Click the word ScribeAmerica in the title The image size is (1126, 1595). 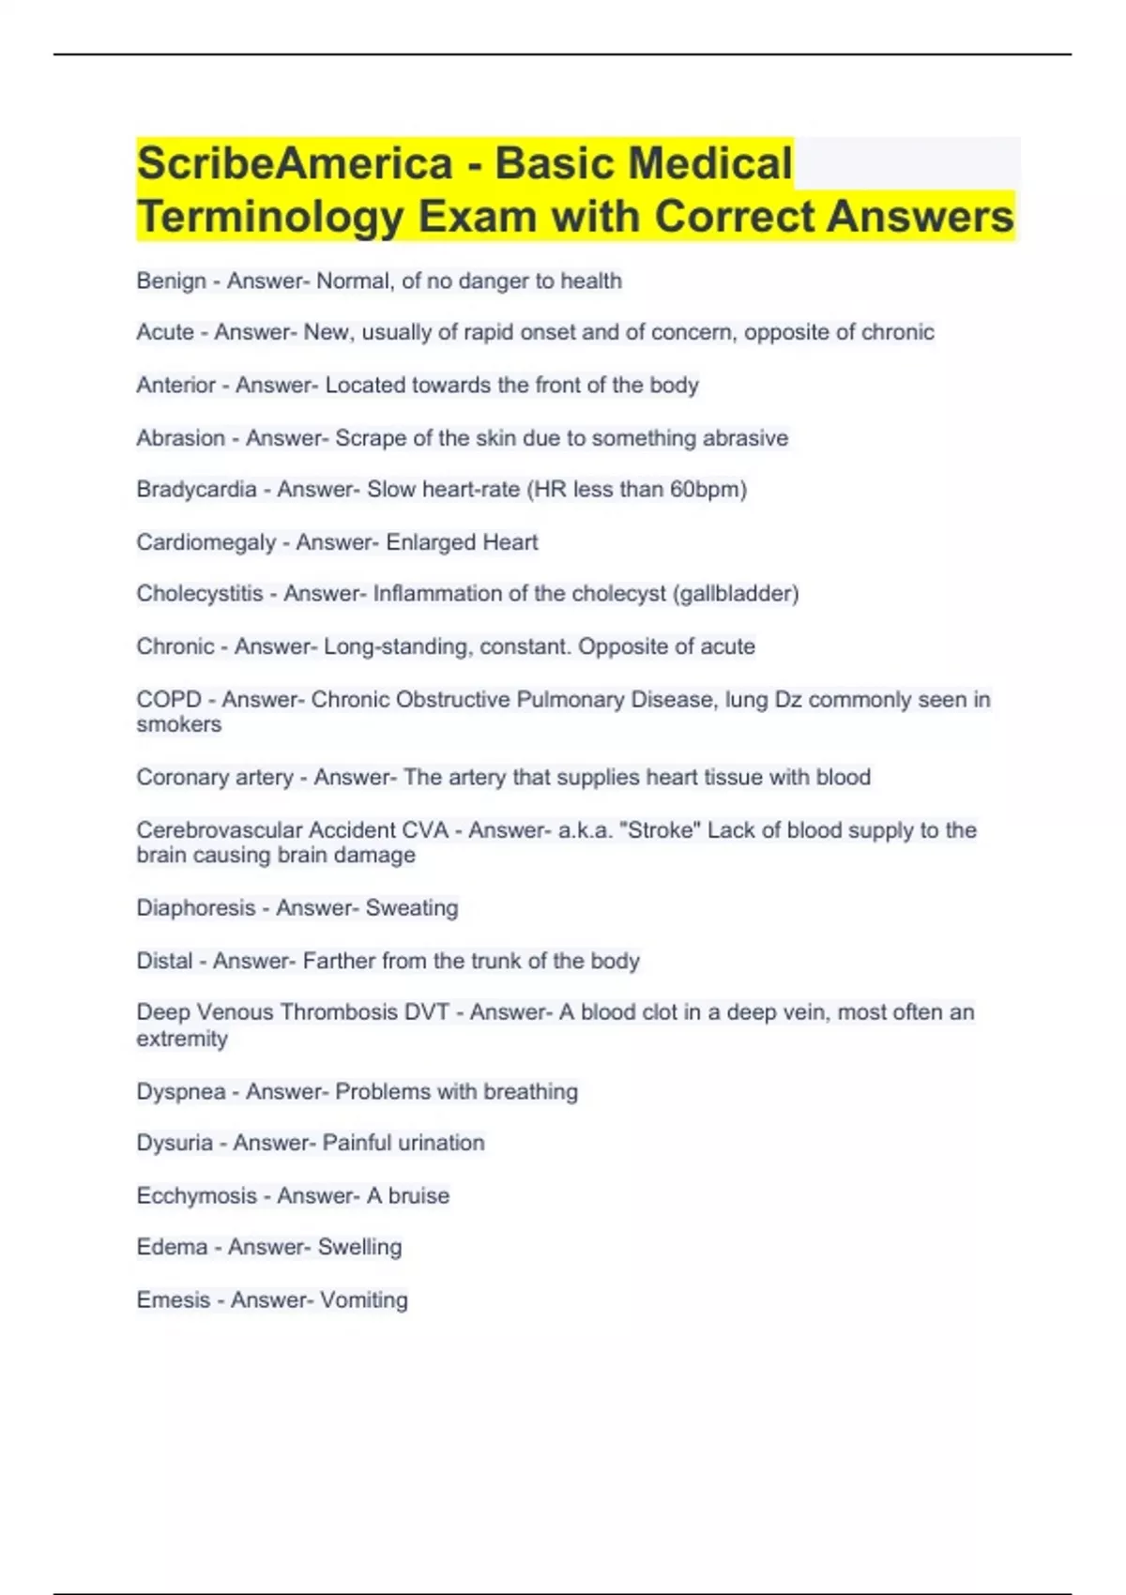(x=295, y=163)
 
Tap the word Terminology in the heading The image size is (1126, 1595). (x=270, y=217)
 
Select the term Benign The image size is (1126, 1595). (x=171, y=281)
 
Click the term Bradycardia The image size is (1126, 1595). (x=196, y=489)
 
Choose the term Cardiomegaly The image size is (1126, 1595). (x=206, y=542)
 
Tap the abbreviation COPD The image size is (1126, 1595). (x=169, y=699)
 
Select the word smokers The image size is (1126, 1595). (x=179, y=724)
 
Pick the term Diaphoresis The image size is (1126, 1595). (x=196, y=907)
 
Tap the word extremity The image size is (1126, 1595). (x=182, y=1039)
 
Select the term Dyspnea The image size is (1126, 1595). (x=181, y=1091)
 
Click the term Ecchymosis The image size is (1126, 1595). (x=196, y=1195)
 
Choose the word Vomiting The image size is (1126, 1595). (x=364, y=1299)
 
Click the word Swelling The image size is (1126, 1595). (x=359, y=1247)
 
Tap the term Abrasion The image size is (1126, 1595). (x=181, y=438)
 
